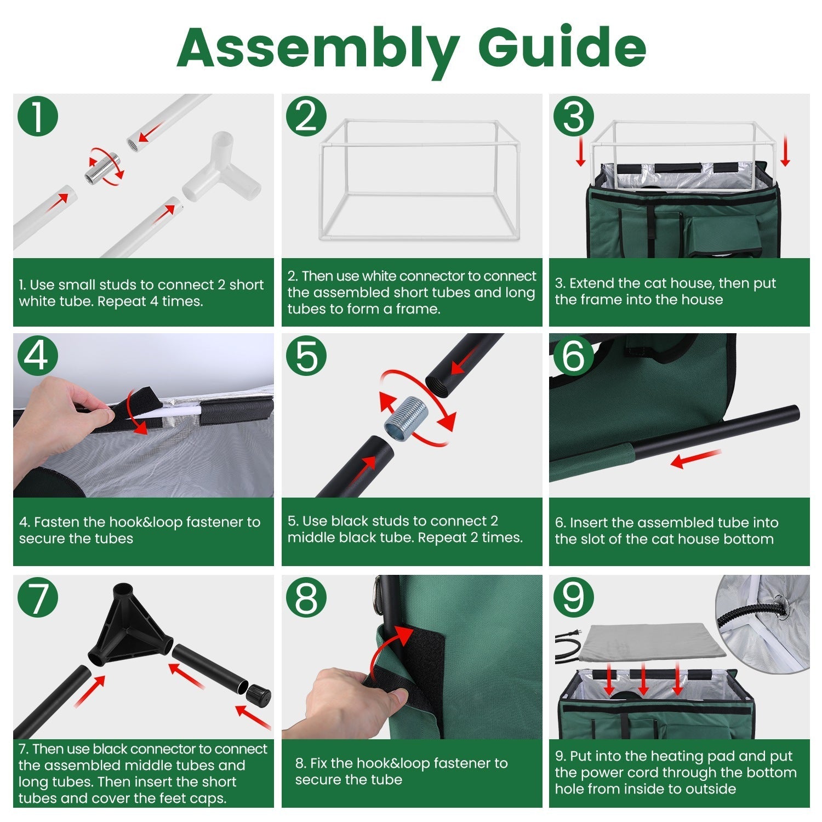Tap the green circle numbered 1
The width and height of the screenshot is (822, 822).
click(38, 117)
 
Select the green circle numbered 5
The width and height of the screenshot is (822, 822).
click(306, 356)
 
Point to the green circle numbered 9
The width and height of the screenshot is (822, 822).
click(574, 597)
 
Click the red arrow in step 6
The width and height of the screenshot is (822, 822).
click(695, 459)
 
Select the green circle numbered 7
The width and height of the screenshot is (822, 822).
click(38, 597)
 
